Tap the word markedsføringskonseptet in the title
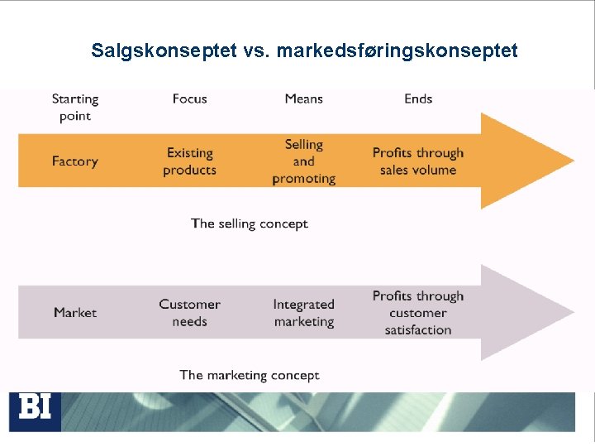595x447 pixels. (x=397, y=50)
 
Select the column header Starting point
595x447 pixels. (x=75, y=107)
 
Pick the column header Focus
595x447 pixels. (x=189, y=99)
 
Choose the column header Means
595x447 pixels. (x=303, y=99)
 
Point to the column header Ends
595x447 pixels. (x=418, y=99)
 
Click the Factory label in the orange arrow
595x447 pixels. (x=74, y=161)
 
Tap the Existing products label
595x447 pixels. (x=189, y=161)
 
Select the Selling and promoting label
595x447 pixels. (x=303, y=161)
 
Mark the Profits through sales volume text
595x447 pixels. (x=418, y=161)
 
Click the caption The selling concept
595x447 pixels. (x=249, y=223)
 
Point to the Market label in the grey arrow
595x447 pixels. (x=75, y=313)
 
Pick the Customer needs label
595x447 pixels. (x=189, y=313)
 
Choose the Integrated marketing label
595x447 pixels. (x=303, y=313)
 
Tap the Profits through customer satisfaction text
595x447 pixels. (x=418, y=313)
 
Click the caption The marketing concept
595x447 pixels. (x=249, y=375)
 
